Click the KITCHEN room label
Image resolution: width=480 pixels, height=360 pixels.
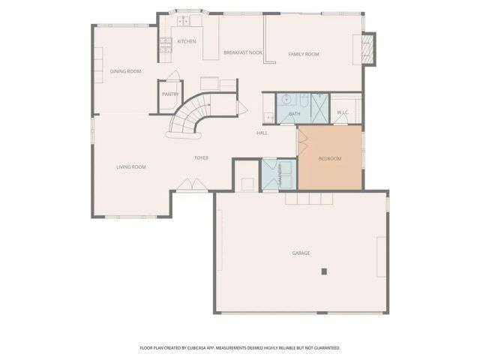[187, 41]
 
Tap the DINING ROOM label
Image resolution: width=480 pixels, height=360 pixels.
[125, 71]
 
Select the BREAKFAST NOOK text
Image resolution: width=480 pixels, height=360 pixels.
[242, 52]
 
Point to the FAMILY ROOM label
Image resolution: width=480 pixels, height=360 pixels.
[304, 54]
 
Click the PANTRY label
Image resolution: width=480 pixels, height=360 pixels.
[169, 94]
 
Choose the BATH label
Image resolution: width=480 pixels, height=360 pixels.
[295, 114]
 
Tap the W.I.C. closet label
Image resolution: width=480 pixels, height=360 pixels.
[343, 112]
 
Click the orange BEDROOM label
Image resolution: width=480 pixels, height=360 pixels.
[330, 158]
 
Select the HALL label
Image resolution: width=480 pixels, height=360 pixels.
[262, 133]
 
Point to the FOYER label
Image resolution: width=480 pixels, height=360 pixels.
[202, 157]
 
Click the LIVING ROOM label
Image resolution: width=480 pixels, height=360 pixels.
[130, 166]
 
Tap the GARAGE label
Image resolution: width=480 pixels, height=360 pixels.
[301, 253]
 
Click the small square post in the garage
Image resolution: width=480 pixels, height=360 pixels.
[324, 270]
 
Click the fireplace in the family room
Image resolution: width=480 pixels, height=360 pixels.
[367, 50]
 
